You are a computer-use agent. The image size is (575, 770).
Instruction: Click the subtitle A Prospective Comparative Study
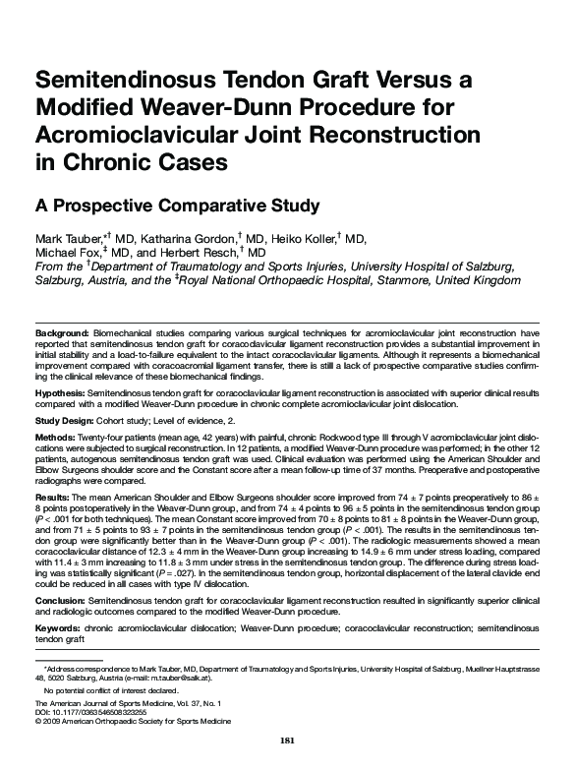178,206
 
